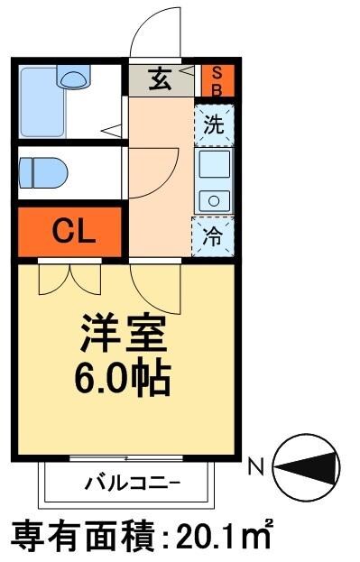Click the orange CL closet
click(x=69, y=231)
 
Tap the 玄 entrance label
click(x=160, y=80)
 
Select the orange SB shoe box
click(x=217, y=80)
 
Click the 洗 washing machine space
click(x=213, y=125)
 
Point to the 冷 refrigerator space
click(x=213, y=236)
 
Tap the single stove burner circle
click(x=214, y=200)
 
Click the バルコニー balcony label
click(x=132, y=483)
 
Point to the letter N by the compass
click(x=255, y=466)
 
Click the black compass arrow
click(x=309, y=467)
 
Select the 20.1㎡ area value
click(x=217, y=537)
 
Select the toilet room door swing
click(x=146, y=180)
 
